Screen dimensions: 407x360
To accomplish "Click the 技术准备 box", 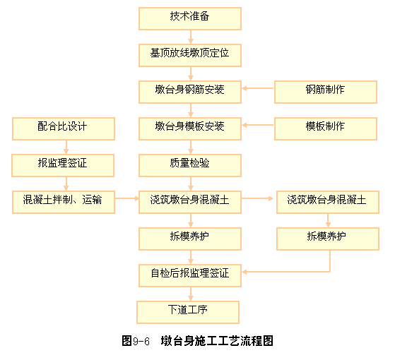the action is coord(190,18).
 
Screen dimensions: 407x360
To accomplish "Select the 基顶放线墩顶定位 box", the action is coord(190,55).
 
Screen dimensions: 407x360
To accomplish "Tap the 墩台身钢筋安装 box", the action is coord(190,92).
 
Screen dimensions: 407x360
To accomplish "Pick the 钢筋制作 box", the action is coord(326,92).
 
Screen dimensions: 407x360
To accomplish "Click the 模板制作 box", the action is coord(326,128).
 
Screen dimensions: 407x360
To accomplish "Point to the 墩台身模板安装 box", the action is coord(190,128).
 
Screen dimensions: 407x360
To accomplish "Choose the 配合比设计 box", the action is coord(64,128).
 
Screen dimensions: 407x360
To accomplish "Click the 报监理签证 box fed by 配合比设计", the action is coord(63,165).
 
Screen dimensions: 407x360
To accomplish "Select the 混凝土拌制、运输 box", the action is coord(64,203).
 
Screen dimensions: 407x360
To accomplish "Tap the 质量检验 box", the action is coord(190,165).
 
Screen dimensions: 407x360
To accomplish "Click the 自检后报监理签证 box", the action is coord(190,275).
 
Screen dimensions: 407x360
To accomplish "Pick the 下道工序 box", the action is coord(188,312).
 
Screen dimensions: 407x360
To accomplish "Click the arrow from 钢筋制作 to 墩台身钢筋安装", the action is coord(258,88).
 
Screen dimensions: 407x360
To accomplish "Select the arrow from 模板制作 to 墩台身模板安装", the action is coord(258,125).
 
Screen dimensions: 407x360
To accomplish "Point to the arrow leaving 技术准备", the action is coord(191,37).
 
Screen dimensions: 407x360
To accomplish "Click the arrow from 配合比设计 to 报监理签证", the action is coord(66,147).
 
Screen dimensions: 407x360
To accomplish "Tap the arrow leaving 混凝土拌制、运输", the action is coord(127,198).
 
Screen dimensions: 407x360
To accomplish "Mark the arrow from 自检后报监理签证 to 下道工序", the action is coord(191,294).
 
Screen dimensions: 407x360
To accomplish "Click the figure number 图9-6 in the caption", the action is coord(136,341).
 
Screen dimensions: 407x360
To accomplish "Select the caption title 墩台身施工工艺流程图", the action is coord(217,341).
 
